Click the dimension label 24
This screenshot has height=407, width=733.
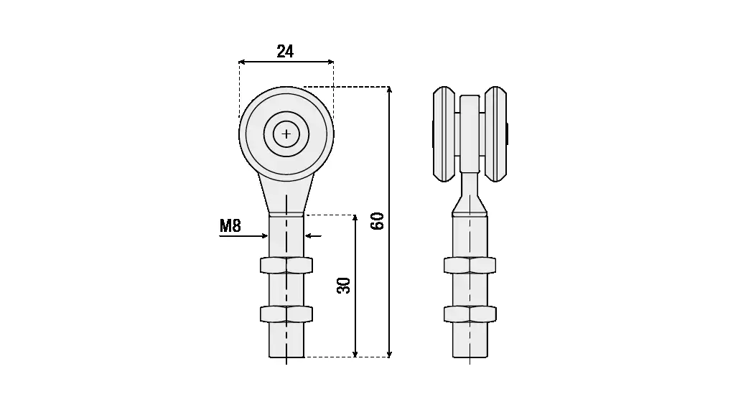pos(285,51)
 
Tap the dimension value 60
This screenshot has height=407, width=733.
pos(377,221)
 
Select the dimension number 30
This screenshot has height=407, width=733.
pos(344,285)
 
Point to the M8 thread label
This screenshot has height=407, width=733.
pos(230,225)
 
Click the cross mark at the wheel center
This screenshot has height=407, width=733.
pos(286,134)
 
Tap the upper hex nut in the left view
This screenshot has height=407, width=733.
pos(286,265)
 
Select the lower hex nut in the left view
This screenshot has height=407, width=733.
pos(286,314)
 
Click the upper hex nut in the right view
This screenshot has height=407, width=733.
pos(470,265)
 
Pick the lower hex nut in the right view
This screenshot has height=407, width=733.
pos(470,314)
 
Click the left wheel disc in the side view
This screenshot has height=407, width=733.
pos(444,134)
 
